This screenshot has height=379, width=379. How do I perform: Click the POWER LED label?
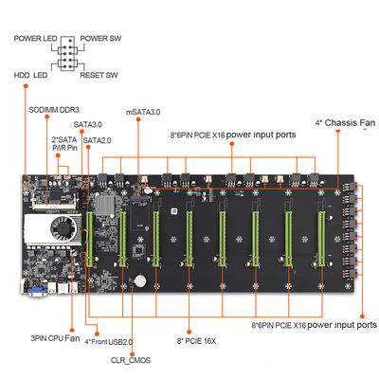(35, 39)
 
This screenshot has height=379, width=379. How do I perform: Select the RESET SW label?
(99, 75)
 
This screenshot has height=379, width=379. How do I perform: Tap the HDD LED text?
(30, 75)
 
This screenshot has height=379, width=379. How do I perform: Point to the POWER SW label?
(100, 39)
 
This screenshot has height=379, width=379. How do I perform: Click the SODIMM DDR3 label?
(54, 110)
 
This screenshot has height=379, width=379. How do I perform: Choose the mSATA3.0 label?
(143, 112)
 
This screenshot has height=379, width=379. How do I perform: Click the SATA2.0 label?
(97, 140)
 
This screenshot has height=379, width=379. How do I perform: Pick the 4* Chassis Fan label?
(345, 123)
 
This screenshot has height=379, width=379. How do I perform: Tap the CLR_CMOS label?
(131, 360)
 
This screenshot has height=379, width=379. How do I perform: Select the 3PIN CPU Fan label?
(55, 338)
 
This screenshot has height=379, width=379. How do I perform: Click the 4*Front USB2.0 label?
(109, 342)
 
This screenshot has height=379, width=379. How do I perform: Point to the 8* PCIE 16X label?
(196, 341)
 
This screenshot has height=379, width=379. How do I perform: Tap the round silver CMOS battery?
(139, 280)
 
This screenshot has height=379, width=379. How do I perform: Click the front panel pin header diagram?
(67, 53)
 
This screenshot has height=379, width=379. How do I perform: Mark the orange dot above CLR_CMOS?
(132, 354)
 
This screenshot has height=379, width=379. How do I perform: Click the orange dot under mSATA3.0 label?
(138, 119)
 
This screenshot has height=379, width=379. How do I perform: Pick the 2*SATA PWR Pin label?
(64, 144)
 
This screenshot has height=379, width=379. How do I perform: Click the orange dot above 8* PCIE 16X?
(189, 332)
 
